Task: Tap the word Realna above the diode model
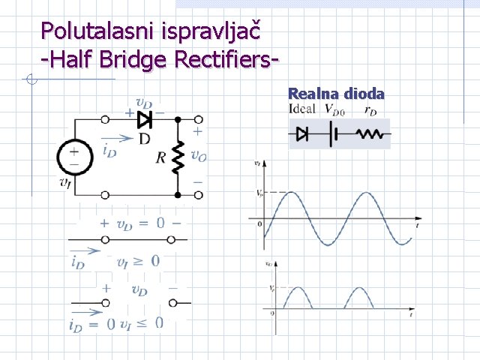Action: point(313,94)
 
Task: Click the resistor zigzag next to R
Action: point(178,157)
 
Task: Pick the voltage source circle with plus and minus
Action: point(74,157)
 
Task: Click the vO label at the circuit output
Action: point(198,157)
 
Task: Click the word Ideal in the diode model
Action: point(302,109)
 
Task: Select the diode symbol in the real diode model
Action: point(303,134)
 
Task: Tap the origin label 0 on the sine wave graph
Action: point(259,223)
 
